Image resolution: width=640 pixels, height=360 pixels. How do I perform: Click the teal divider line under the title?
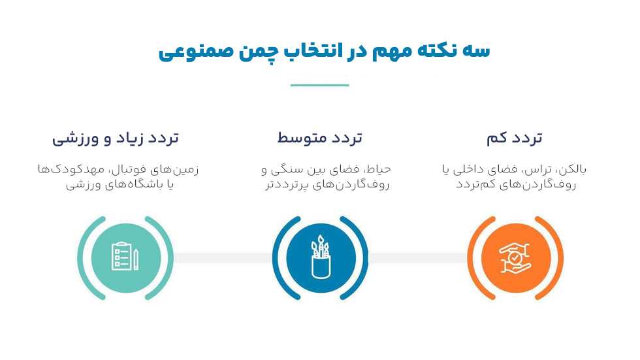pyautogui.click(x=319, y=85)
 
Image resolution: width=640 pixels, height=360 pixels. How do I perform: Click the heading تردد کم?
pyautogui.click(x=515, y=138)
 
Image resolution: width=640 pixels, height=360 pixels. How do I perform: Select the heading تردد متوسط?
pyautogui.click(x=319, y=138)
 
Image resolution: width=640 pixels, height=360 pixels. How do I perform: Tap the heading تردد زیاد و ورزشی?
pyautogui.click(x=116, y=138)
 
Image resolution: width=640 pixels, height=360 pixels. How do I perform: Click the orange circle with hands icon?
pyautogui.click(x=515, y=257)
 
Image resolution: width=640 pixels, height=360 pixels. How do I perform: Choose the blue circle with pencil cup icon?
pyautogui.click(x=320, y=257)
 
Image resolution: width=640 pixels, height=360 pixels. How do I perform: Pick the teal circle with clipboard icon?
pyautogui.click(x=125, y=257)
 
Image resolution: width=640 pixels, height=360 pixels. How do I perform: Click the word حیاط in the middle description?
pyautogui.click(x=378, y=170)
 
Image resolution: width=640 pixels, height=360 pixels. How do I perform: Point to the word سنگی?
pyautogui.click(x=289, y=170)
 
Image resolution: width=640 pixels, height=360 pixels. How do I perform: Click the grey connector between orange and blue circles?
pyautogui.click(x=418, y=257)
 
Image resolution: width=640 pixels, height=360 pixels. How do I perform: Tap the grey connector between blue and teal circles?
pyautogui.click(x=222, y=257)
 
